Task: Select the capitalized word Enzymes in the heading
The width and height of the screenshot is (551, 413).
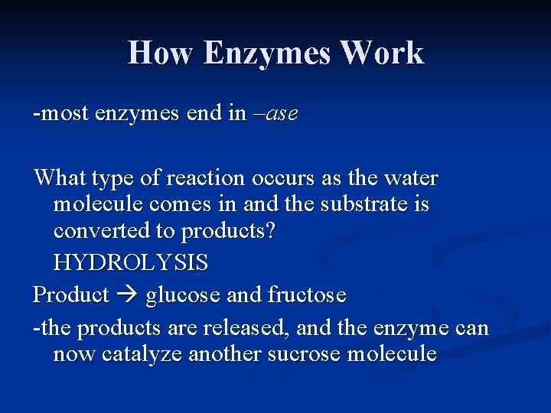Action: pyautogui.click(x=268, y=54)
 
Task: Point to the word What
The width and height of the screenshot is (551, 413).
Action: pyautogui.click(x=60, y=178)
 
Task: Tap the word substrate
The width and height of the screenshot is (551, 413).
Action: pyautogui.click(x=364, y=205)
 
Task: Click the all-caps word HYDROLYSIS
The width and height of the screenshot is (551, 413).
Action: pyautogui.click(x=130, y=263)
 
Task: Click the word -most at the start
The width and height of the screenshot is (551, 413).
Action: pyautogui.click(x=60, y=115)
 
